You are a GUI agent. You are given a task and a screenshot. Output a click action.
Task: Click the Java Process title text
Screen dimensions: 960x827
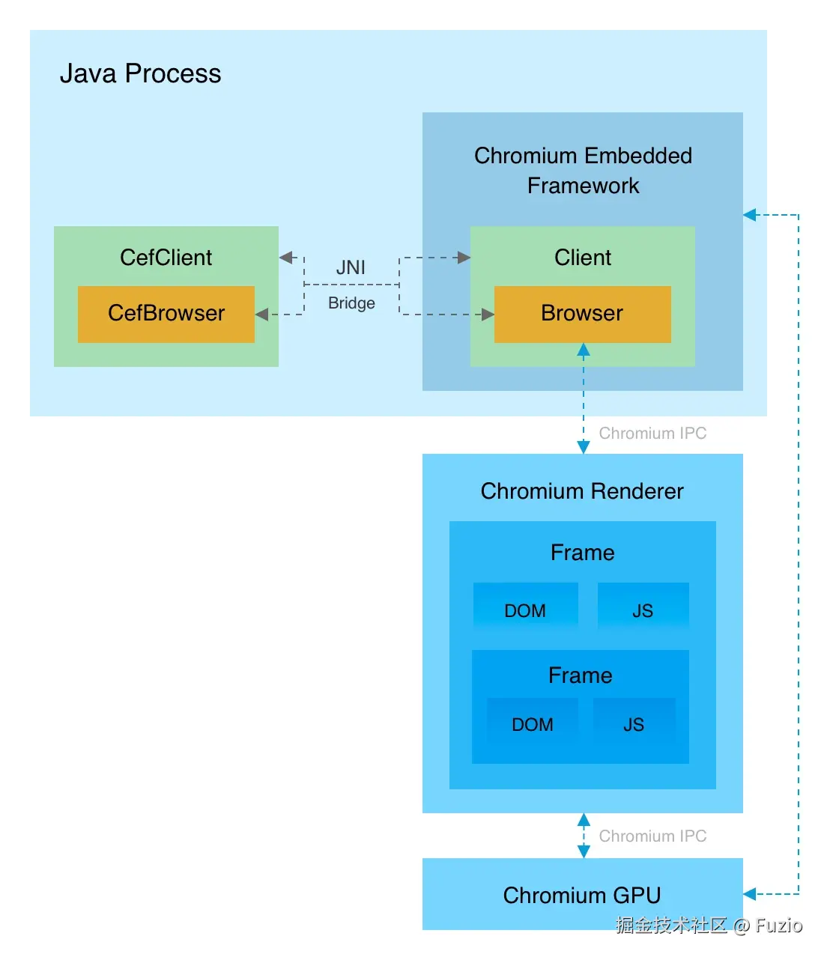pyautogui.click(x=140, y=73)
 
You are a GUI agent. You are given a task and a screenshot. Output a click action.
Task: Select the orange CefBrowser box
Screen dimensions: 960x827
pyautogui.click(x=166, y=314)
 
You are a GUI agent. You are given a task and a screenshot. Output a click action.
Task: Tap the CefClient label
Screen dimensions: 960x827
pyautogui.click(x=166, y=258)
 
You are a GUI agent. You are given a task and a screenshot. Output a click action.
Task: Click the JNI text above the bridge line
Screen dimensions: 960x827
pyautogui.click(x=351, y=267)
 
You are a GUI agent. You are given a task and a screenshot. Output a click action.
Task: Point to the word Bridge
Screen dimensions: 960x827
pyautogui.click(x=351, y=303)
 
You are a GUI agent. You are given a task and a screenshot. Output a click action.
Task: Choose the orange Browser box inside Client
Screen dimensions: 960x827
pyautogui.click(x=582, y=314)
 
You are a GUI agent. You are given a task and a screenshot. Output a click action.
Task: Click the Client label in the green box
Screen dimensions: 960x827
pyautogui.click(x=582, y=258)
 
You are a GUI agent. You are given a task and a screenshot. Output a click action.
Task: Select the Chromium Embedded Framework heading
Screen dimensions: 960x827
pyautogui.click(x=583, y=170)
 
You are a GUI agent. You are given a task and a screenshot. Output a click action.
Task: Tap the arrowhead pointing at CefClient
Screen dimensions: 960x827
pyautogui.click(x=285, y=258)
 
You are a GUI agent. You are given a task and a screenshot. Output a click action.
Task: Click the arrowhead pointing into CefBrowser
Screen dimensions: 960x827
pyautogui.click(x=261, y=315)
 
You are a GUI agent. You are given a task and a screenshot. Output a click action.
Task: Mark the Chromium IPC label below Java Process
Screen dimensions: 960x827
pyautogui.click(x=652, y=434)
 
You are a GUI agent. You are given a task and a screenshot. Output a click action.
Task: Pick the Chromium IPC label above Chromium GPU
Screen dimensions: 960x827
pyautogui.click(x=652, y=836)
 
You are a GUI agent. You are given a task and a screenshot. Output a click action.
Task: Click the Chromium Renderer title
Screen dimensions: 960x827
pyautogui.click(x=582, y=491)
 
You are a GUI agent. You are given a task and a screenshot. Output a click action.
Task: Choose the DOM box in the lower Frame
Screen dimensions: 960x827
pyautogui.click(x=533, y=723)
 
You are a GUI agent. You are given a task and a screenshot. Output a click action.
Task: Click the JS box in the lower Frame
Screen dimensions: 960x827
pyautogui.click(x=634, y=723)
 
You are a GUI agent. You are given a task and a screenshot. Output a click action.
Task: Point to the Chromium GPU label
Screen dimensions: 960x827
pyautogui.click(x=582, y=896)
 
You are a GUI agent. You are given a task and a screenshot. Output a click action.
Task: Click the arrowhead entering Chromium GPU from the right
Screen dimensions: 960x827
pyautogui.click(x=750, y=894)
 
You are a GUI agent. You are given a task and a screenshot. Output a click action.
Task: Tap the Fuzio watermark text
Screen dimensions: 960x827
pyautogui.click(x=778, y=926)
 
